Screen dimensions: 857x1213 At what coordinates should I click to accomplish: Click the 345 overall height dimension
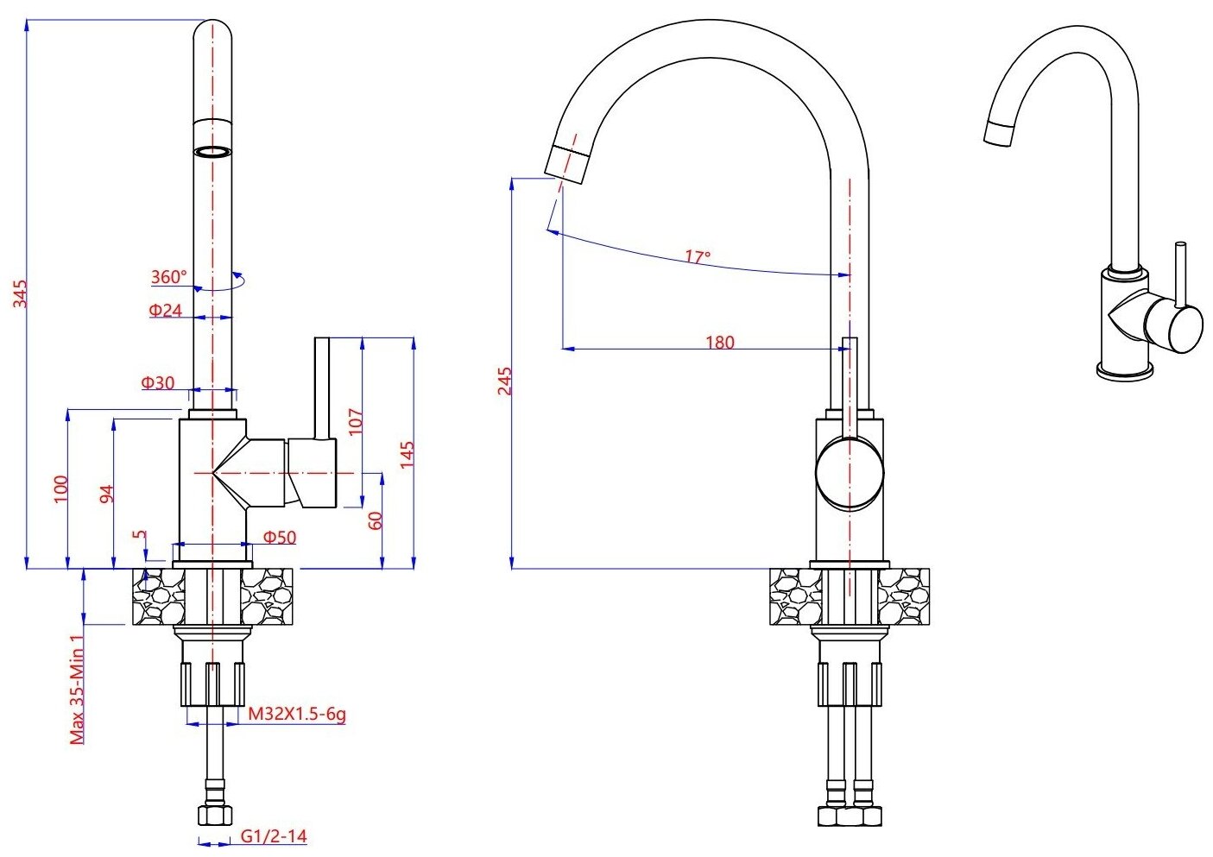click(21, 293)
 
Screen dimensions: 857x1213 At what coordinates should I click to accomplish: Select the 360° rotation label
click(168, 277)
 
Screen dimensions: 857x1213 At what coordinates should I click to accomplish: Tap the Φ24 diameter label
click(165, 310)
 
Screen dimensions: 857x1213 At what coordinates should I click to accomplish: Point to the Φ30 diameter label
click(158, 382)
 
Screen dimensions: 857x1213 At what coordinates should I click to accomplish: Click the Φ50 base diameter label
click(280, 537)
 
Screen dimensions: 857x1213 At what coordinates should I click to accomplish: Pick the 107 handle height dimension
click(356, 420)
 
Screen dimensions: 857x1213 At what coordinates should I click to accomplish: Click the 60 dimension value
click(376, 520)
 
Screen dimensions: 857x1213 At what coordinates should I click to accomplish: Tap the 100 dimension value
click(60, 489)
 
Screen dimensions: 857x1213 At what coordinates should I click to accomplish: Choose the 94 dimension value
click(107, 495)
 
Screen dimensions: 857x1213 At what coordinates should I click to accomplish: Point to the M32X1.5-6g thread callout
click(297, 714)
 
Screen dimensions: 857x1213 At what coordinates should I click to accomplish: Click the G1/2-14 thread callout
click(274, 835)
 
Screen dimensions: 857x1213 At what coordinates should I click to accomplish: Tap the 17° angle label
click(698, 256)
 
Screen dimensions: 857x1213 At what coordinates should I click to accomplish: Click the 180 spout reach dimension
click(719, 342)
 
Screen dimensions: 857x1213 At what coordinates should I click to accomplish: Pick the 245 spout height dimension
click(505, 381)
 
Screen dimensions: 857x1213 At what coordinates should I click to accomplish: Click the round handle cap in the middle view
click(850, 472)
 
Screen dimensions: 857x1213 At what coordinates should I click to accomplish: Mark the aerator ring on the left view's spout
click(212, 152)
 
